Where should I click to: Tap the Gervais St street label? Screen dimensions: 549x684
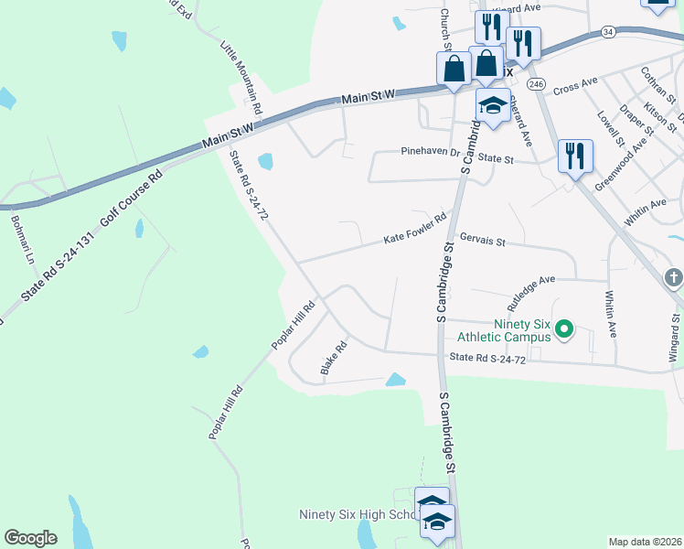482,240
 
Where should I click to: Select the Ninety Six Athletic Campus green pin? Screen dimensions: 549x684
564,328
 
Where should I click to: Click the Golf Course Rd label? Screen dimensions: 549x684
134,198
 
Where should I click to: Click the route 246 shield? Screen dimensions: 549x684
537,84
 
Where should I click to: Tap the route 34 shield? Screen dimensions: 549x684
609,32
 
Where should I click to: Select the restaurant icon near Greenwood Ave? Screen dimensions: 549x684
575,156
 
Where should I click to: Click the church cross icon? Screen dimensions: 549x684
674,276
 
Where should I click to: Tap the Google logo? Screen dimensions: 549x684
30,538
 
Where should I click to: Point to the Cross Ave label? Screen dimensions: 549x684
574,85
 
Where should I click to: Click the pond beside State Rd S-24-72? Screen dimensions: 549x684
265,162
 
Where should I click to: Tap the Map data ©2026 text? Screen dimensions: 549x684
644,542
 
